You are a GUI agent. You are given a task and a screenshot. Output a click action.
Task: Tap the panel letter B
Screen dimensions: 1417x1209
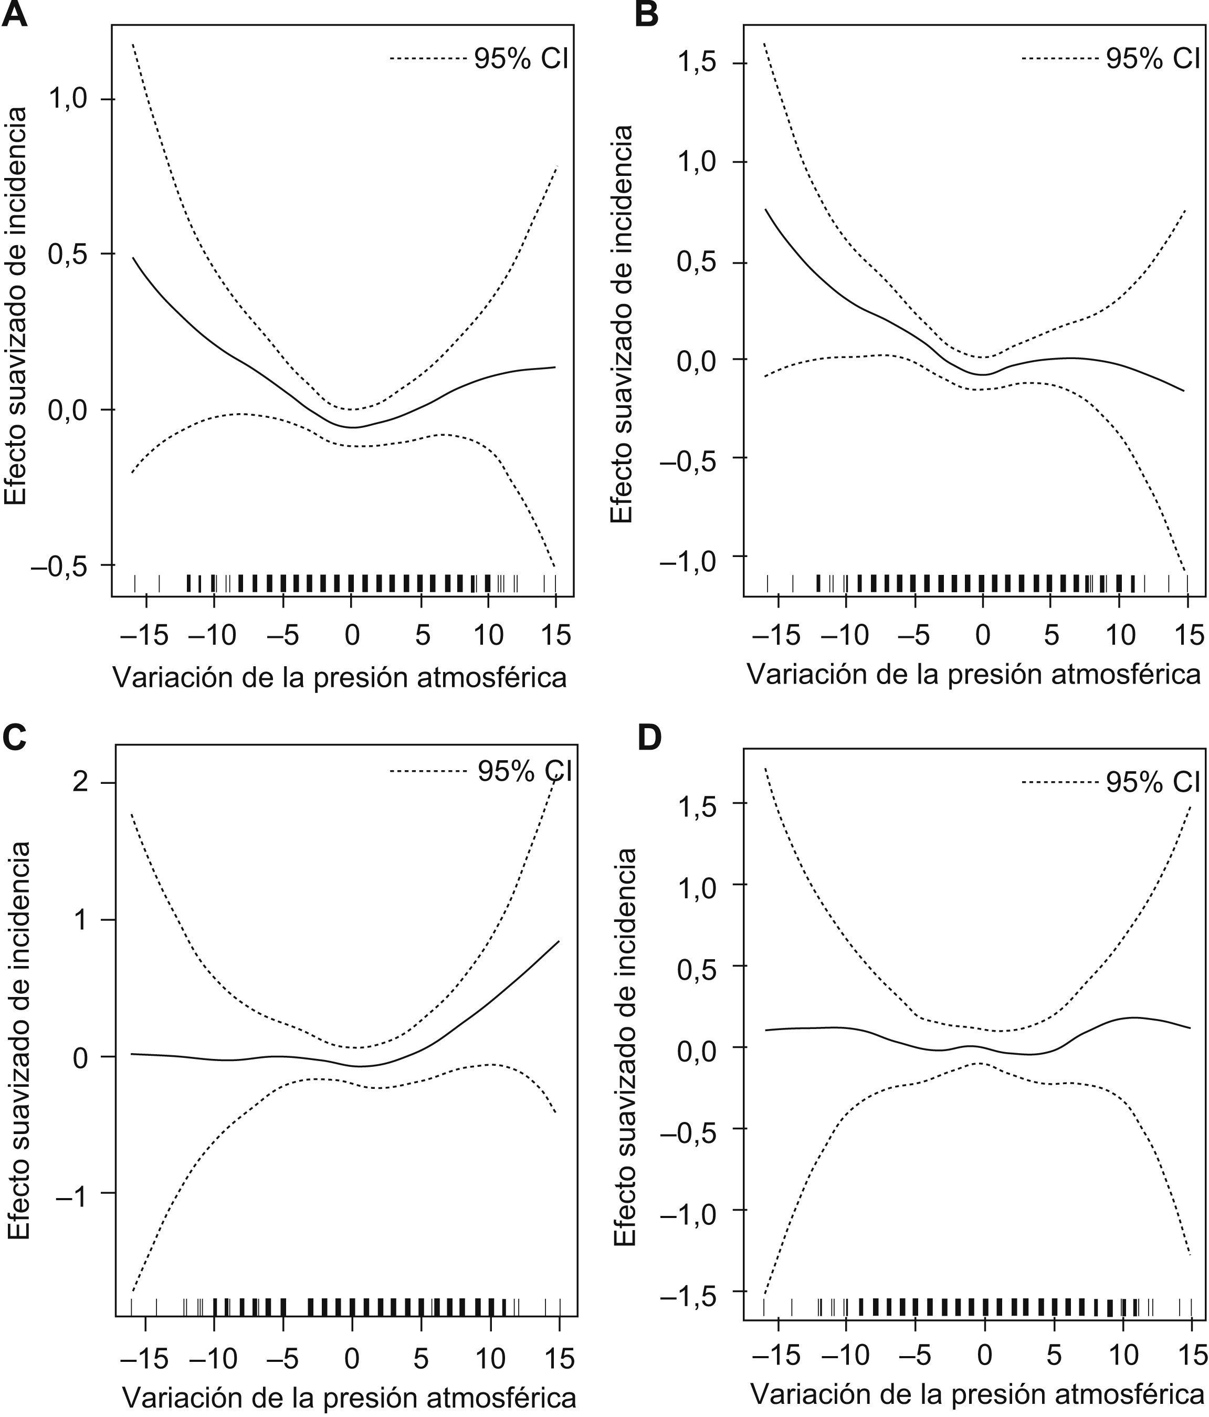pos(647,14)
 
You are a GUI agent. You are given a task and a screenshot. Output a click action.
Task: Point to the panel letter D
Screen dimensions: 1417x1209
pos(649,737)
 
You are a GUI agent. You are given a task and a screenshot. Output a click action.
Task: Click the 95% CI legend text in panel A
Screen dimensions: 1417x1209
pos(521,59)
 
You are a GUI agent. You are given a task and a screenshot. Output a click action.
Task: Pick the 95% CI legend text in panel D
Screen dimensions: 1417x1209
pos(1153,782)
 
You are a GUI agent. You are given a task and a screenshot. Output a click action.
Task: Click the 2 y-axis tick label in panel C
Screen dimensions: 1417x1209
pos(81,782)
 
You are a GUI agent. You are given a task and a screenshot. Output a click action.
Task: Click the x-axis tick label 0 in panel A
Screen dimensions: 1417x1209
pos(352,635)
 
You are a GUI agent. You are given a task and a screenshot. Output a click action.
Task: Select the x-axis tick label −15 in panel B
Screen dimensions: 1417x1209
pos(776,635)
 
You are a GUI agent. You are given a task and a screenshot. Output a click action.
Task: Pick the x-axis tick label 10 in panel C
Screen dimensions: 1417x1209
pos(490,1359)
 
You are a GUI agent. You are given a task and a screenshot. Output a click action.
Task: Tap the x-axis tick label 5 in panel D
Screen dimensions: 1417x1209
pos(1054,1355)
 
